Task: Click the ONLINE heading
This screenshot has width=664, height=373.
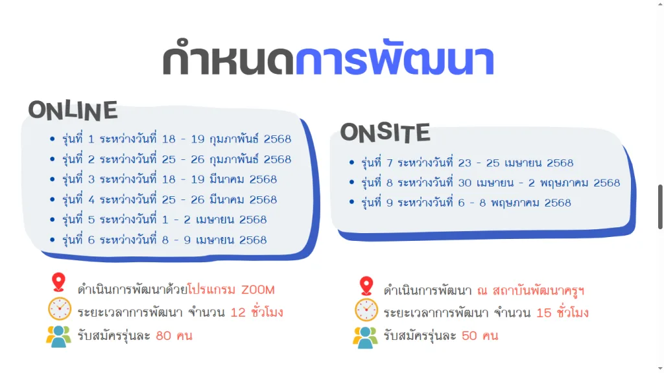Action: [x=73, y=110]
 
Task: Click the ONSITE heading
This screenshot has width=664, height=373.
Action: [x=385, y=132]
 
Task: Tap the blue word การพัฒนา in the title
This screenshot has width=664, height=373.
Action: [x=395, y=60]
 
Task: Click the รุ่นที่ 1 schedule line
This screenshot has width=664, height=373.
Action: [x=176, y=139]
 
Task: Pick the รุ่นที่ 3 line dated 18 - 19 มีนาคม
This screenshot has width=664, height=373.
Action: [x=169, y=179]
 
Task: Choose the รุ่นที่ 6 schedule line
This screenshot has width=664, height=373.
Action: [x=164, y=240]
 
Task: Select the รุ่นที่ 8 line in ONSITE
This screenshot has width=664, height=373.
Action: [x=490, y=183]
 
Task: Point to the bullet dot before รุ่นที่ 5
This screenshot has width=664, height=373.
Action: [x=52, y=220]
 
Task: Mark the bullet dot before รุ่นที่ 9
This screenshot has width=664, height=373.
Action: [x=351, y=202]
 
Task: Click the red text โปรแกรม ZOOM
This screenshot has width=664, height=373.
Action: [x=231, y=289]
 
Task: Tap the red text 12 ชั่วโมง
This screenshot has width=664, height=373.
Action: [x=257, y=312]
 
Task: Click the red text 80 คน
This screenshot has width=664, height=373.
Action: [x=174, y=336]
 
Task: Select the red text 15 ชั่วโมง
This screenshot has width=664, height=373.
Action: [x=562, y=313]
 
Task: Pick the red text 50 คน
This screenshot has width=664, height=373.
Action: [x=480, y=336]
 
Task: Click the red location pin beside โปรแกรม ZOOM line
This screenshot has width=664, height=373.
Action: [x=59, y=282]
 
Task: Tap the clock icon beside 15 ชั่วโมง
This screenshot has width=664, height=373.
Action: [x=366, y=310]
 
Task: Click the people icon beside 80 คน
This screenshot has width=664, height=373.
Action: [x=58, y=337]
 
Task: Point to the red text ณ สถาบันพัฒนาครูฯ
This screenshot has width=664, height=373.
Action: [x=530, y=290]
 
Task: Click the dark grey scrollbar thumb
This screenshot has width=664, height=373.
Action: [x=660, y=207]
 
